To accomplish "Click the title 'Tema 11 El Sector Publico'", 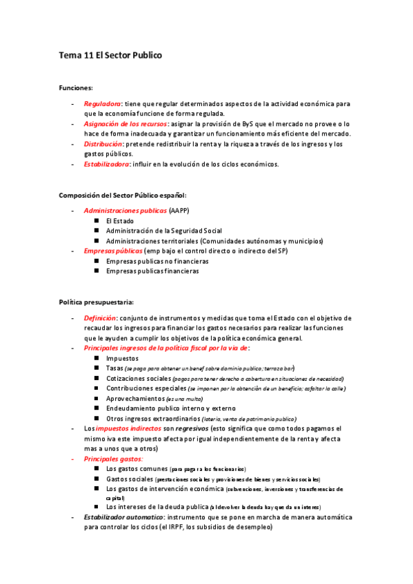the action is [110, 54].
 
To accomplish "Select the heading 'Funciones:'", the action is [76, 88].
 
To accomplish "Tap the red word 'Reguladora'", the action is [103, 103].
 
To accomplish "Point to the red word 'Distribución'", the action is [103, 144].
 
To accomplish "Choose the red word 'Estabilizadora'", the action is [108, 164].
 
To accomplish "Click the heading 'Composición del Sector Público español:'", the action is [123, 195].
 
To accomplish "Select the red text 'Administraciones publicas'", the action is [125, 210].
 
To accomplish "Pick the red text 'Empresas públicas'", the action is [113, 251].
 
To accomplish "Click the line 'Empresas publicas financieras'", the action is [152, 271].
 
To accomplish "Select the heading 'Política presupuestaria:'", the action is [96, 302].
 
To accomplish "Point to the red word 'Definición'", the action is [100, 317].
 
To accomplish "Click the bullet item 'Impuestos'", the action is [122, 358].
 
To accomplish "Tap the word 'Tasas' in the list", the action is [114, 368].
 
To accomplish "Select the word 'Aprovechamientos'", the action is [135, 399].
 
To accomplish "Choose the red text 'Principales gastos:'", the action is [113, 458].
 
